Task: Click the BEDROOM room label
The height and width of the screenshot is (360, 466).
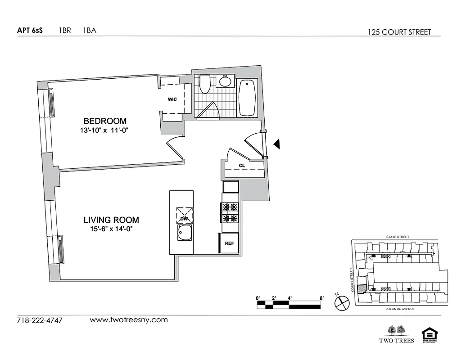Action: point(105,121)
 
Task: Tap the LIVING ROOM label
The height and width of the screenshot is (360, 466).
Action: point(111,220)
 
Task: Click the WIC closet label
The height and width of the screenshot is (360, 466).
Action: point(172,99)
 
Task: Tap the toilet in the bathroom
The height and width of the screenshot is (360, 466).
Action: point(205,84)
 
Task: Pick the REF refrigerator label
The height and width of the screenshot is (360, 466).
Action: point(229,243)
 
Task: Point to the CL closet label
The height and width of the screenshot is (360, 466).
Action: point(242,166)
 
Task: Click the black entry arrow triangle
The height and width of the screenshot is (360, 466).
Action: point(277,144)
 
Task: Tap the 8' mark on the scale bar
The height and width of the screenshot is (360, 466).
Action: point(321,298)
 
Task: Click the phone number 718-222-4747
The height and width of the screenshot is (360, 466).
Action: point(40,321)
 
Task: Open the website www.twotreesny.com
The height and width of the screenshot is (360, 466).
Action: point(129,320)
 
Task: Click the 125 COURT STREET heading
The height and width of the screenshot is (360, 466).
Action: point(399,32)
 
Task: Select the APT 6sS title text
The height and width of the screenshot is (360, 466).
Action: point(30,31)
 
